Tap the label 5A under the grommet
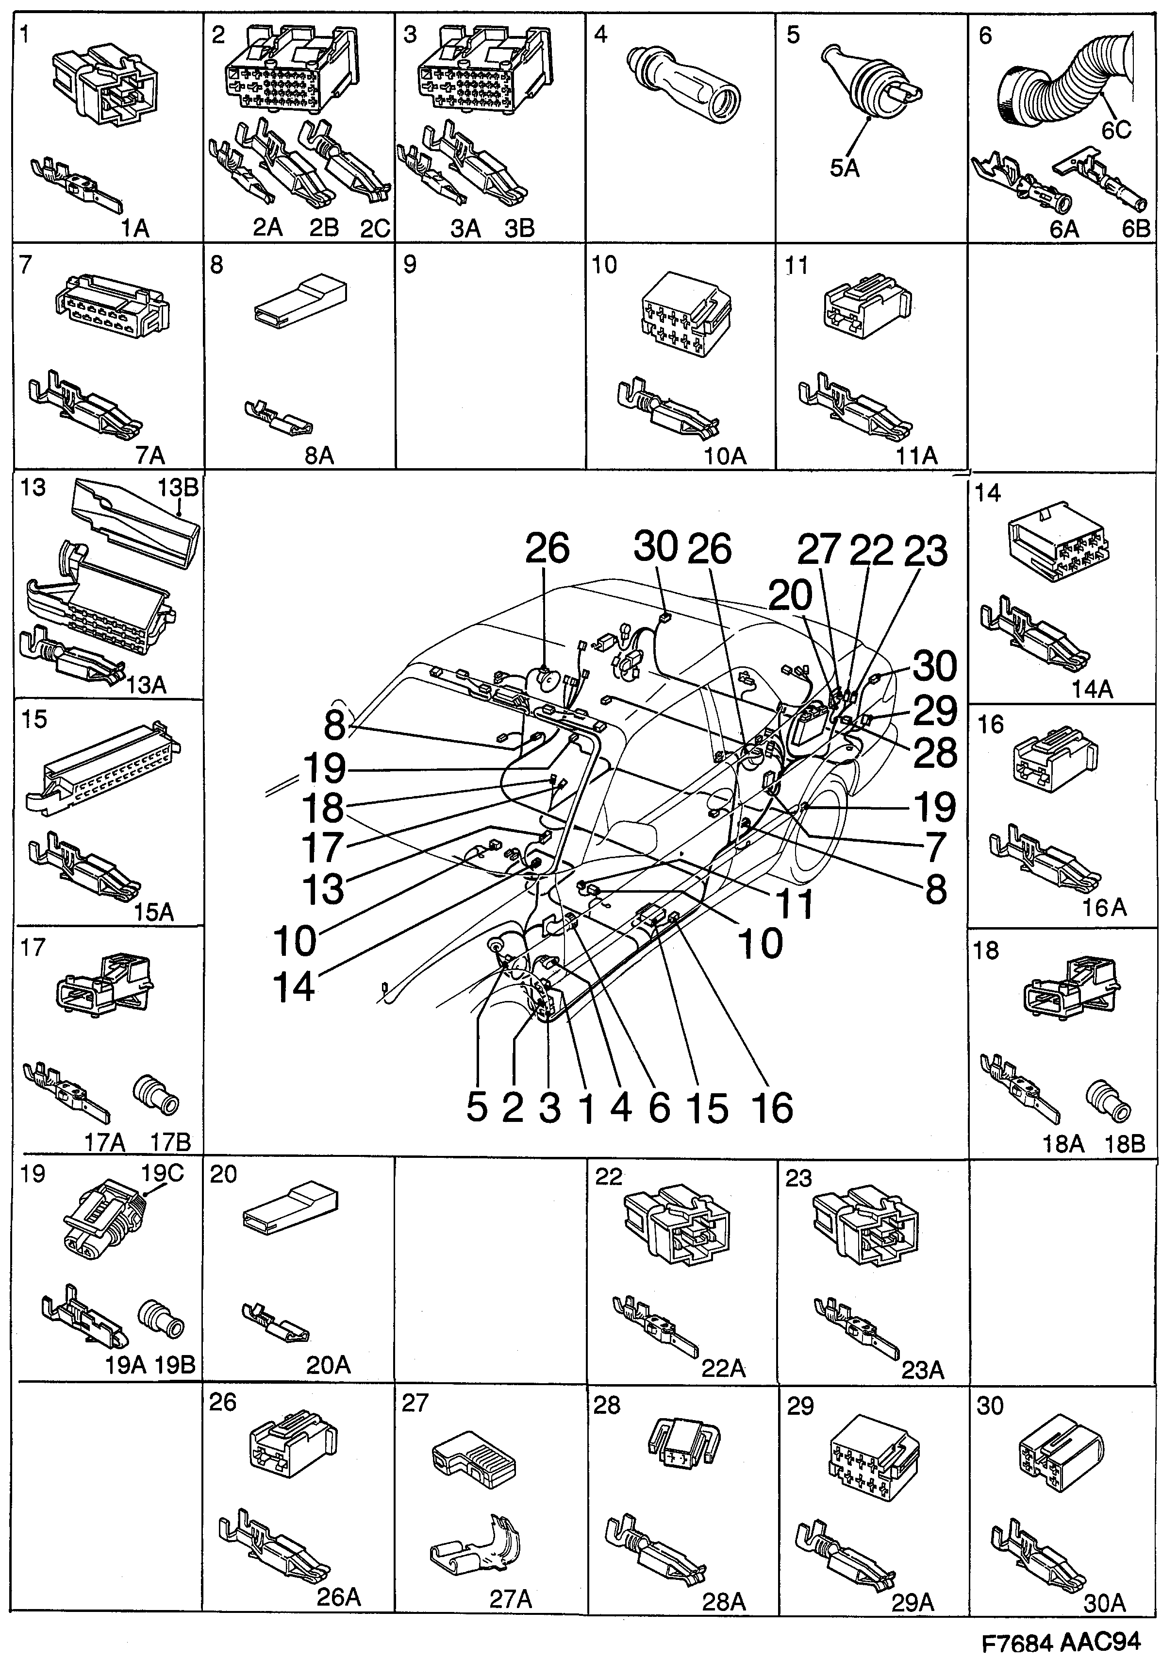click(844, 168)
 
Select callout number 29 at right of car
click(934, 711)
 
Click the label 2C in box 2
click(375, 229)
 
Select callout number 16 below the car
click(772, 1107)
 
